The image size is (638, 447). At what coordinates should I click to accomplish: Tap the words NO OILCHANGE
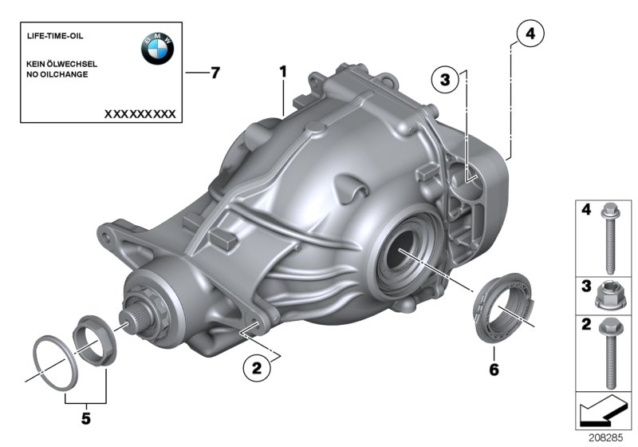[57, 74]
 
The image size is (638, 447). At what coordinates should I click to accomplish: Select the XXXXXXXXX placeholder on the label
[140, 114]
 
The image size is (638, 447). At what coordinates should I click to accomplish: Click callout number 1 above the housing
[282, 73]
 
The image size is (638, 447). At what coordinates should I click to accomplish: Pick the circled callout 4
[530, 34]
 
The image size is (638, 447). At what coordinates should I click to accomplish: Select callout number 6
[494, 370]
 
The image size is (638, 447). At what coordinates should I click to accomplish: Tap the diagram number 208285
[607, 438]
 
